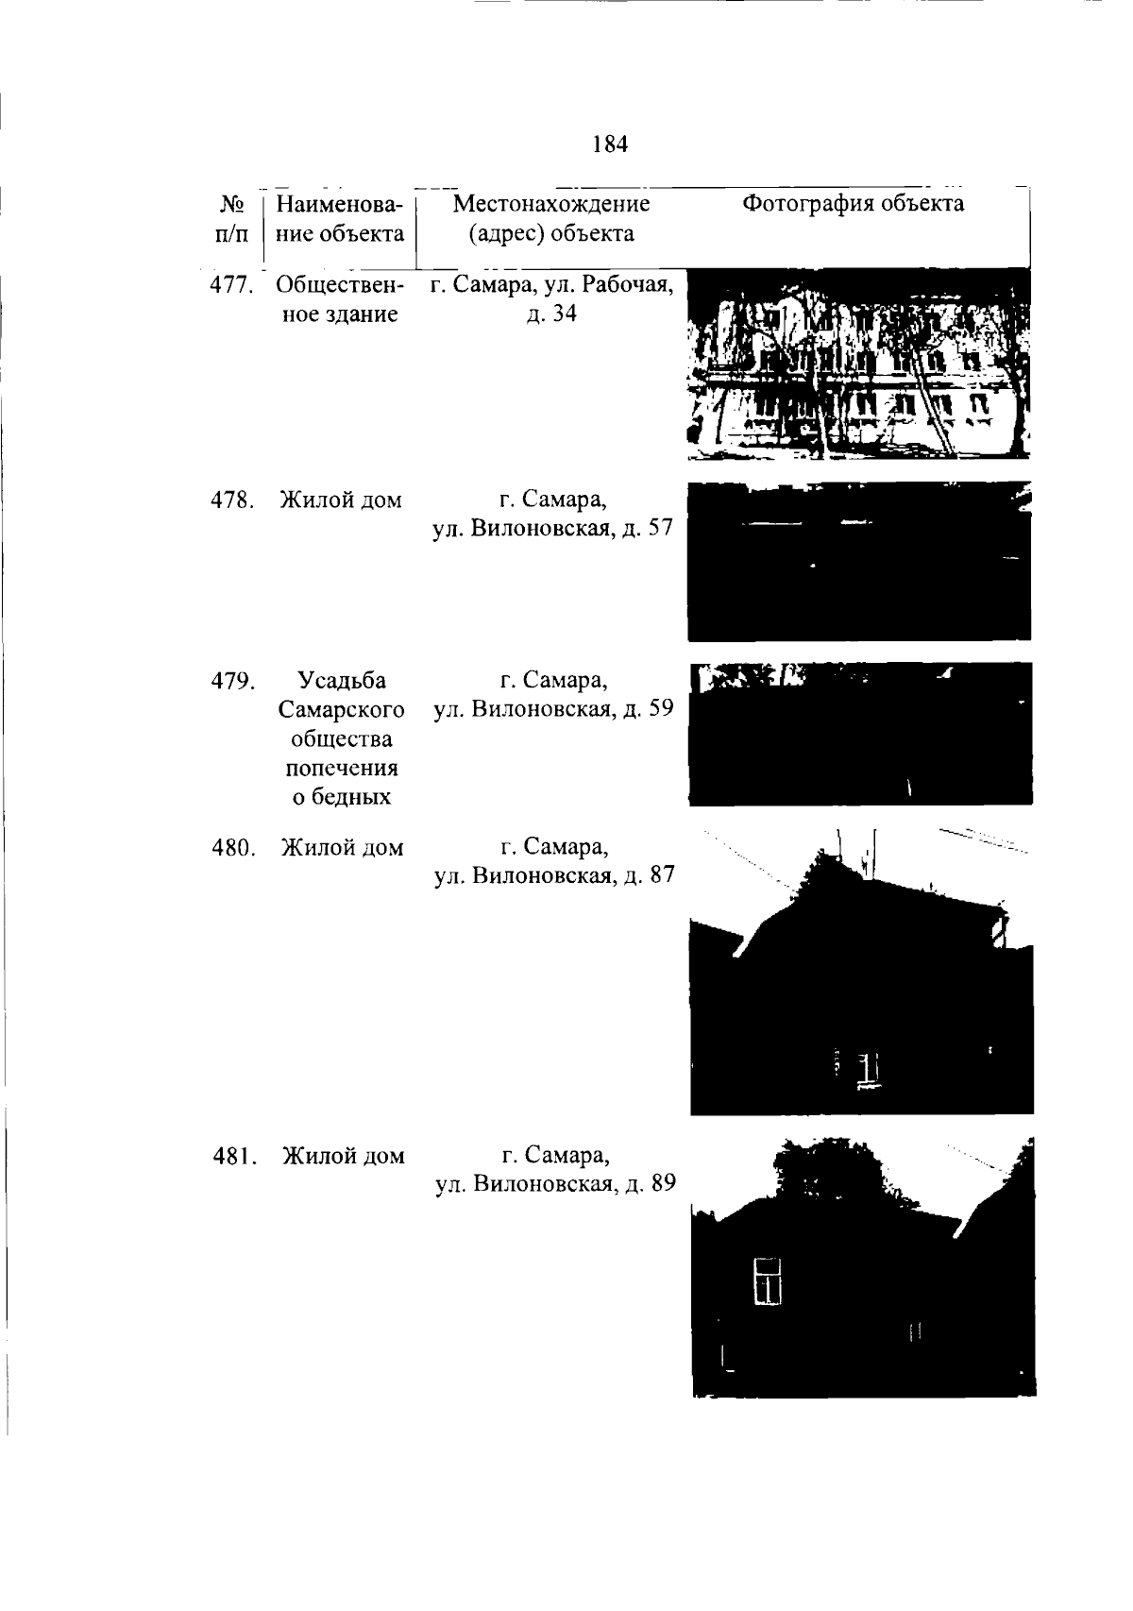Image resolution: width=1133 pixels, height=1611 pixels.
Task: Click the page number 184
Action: point(610,144)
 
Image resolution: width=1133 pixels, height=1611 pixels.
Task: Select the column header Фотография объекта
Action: point(853,204)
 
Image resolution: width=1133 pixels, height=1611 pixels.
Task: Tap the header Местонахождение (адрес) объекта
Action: point(551,219)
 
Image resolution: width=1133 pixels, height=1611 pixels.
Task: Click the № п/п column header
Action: point(231,219)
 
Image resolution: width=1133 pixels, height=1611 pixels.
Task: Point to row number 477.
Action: point(232,285)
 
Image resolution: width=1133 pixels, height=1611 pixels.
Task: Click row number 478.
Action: point(232,500)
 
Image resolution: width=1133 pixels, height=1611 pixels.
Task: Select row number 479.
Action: point(233,680)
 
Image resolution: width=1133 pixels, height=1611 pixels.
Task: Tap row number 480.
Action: point(233,848)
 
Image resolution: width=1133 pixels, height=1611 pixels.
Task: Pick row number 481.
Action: point(235,1156)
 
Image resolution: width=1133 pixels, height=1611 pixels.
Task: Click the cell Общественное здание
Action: point(340,300)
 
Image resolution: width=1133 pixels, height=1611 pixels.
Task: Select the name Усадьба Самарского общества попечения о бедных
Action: point(342,738)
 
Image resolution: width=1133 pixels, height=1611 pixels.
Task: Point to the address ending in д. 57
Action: point(553,514)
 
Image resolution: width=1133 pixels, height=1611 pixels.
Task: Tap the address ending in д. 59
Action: point(553,694)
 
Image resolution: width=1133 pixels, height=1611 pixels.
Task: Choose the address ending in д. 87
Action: point(554,861)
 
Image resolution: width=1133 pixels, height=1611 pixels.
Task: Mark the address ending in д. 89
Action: point(556,1169)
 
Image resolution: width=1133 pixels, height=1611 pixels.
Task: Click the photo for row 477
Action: point(858,364)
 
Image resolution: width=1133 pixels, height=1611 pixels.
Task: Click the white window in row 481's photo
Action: point(767,1280)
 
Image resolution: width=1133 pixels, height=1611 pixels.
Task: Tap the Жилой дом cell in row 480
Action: point(342,848)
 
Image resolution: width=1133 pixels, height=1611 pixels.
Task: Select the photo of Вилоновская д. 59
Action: point(860,734)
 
